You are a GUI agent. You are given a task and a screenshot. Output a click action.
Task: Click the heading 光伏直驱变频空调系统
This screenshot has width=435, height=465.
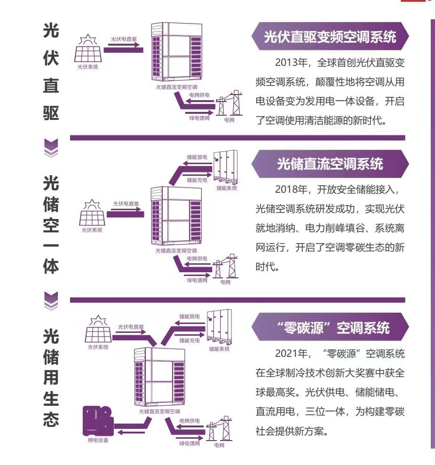(330, 38)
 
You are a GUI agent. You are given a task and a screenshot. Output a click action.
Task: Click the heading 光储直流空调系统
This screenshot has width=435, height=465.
(330, 164)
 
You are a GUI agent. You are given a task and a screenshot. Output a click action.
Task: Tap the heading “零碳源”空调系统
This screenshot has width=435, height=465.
(330, 328)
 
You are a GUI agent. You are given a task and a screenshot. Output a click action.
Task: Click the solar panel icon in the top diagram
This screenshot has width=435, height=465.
(87, 51)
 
